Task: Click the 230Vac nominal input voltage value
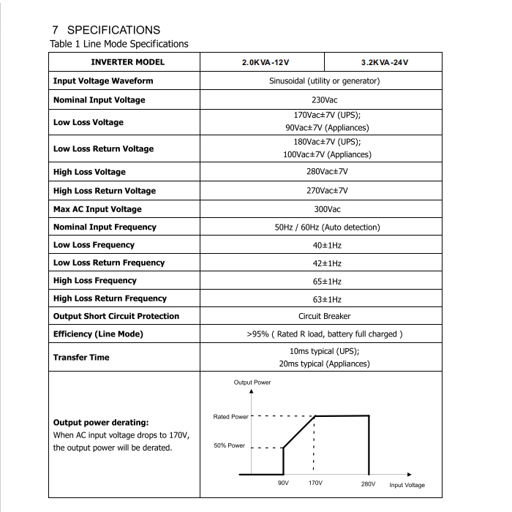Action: (x=324, y=99)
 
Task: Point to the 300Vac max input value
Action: (x=324, y=209)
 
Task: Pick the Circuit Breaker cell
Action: (x=324, y=316)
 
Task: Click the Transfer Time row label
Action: (x=81, y=358)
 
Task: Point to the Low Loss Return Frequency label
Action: (x=109, y=263)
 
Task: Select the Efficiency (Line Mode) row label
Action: (x=98, y=334)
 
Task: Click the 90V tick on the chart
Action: (x=282, y=483)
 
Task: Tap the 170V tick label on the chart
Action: (x=316, y=483)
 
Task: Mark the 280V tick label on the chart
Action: (x=368, y=483)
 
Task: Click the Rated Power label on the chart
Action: (x=230, y=417)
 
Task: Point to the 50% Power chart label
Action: (x=229, y=446)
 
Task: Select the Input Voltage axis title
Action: (x=407, y=485)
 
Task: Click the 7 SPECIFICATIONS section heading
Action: (x=106, y=30)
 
